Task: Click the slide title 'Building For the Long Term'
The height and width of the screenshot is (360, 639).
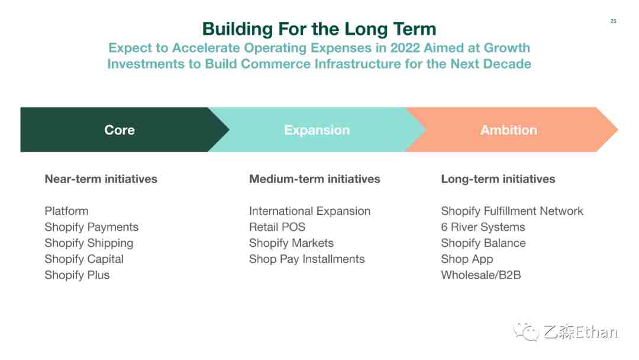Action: coord(319,30)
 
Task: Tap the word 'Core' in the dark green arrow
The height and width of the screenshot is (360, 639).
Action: coord(120,130)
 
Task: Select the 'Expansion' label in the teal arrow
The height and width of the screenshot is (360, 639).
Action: coord(317,130)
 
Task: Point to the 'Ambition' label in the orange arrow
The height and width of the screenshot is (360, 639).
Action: coord(509,130)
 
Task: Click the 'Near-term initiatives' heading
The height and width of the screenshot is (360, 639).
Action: coord(101,179)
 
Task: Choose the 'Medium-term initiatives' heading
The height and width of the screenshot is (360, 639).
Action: coord(315,179)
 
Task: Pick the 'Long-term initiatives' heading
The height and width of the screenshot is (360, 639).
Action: coord(498,179)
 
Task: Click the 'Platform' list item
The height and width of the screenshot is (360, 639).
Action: coord(66,211)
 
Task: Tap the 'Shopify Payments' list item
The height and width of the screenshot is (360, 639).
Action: coord(92,227)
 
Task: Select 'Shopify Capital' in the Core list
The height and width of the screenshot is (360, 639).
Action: coord(84,259)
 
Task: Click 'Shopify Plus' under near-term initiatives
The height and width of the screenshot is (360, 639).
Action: coord(77,275)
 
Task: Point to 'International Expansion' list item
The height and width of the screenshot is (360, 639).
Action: coord(309,211)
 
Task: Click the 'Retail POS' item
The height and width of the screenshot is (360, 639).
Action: coord(277,227)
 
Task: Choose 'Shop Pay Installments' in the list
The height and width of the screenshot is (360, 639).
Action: coord(307,259)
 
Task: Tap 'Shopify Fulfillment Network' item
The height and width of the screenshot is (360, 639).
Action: coord(512,211)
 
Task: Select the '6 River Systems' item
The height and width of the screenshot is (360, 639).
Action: coord(483,227)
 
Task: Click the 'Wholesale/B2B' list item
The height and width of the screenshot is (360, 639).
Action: coord(481,275)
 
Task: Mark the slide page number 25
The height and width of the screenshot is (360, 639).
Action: coord(614,21)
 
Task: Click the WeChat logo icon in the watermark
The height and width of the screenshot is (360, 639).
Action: coord(526,332)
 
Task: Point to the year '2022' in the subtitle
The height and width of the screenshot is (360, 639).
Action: coord(405,48)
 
